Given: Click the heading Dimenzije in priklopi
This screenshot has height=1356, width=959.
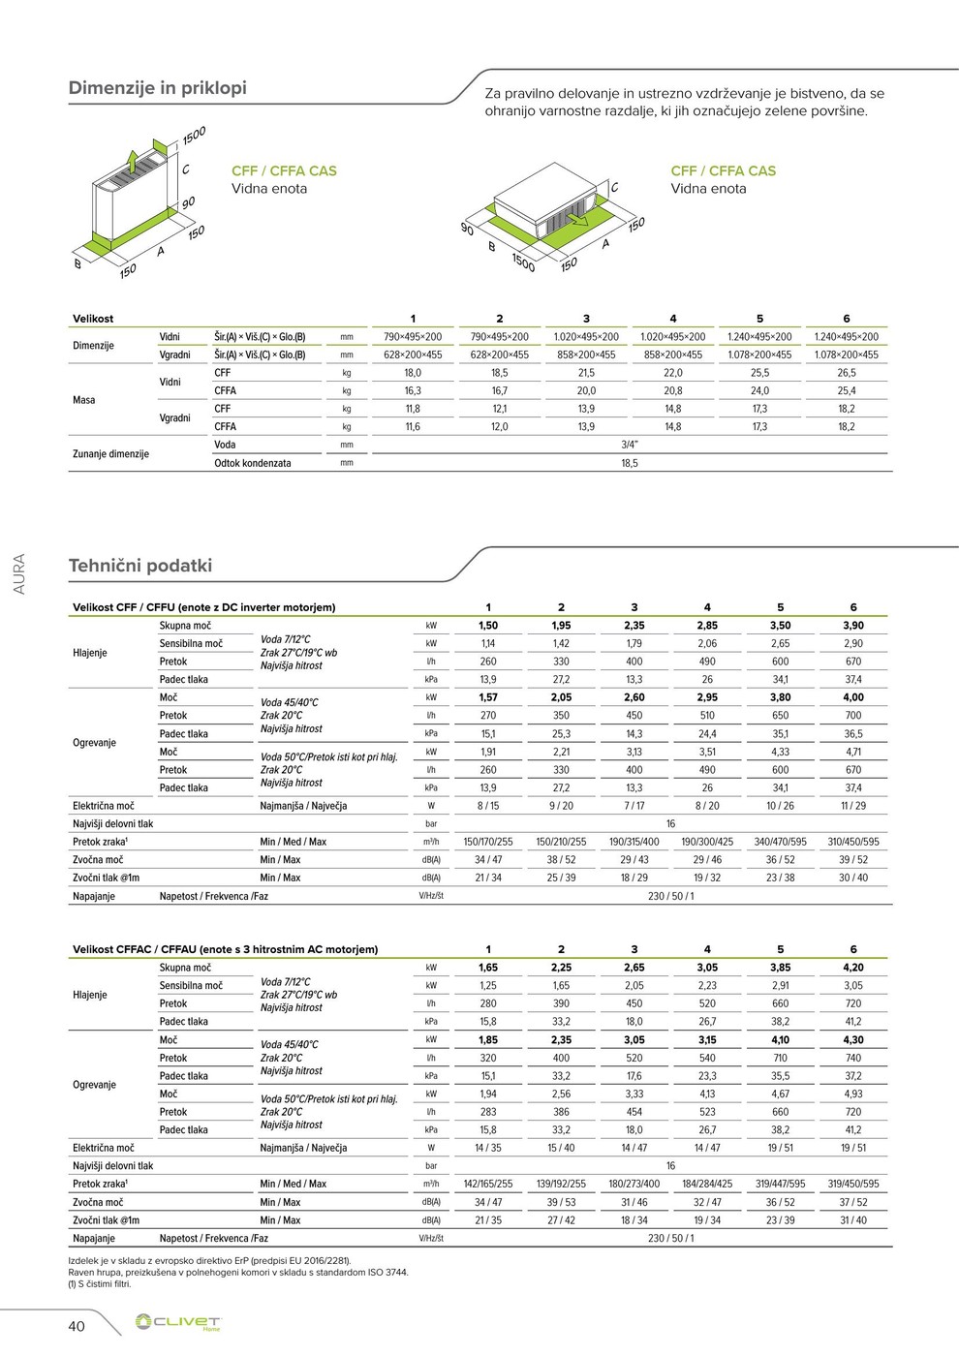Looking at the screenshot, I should [157, 88].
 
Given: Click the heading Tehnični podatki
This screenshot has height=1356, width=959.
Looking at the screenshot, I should [139, 566].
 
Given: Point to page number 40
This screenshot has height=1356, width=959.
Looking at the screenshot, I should [77, 1326].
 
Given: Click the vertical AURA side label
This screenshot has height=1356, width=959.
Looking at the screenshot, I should [20, 574].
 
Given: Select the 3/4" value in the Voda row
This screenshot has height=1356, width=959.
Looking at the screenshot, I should [630, 446].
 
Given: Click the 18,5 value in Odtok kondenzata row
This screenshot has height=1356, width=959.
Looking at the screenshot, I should [630, 464].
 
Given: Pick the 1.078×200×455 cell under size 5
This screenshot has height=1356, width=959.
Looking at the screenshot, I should [759, 355].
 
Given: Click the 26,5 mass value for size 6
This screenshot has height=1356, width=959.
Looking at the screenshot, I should [847, 373].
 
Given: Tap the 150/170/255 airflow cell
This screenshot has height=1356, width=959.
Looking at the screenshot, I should [488, 843].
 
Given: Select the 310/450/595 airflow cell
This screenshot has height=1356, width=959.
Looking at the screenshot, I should [853, 843].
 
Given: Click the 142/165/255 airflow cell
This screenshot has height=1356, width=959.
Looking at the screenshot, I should [488, 1185].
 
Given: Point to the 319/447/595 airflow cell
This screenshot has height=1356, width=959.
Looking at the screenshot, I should [780, 1185].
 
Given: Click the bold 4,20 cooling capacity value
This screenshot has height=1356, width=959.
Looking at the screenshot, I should [853, 968].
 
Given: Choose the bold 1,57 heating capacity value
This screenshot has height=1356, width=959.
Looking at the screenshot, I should [488, 698].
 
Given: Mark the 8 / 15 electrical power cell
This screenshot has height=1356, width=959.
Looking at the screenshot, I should [488, 806].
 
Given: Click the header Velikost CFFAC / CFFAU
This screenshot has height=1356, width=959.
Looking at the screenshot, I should [225, 950].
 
